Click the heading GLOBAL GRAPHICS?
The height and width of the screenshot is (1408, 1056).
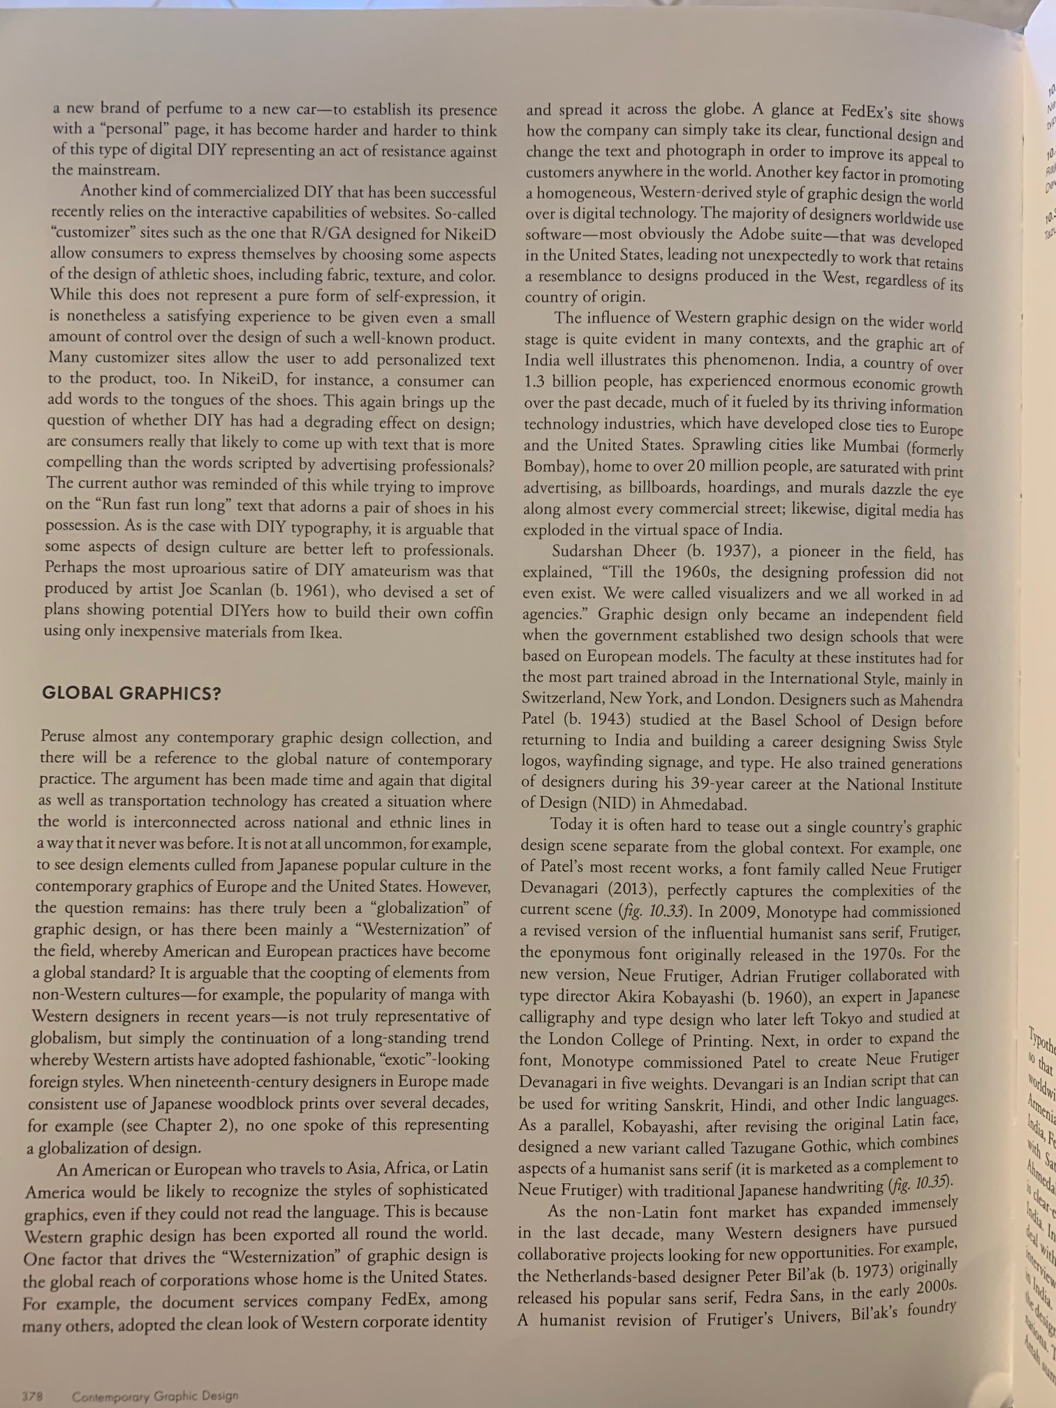[132, 694]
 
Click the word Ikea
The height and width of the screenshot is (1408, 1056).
[325, 633]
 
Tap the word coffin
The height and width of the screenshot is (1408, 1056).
[471, 613]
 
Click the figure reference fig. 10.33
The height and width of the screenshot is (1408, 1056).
[653, 911]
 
